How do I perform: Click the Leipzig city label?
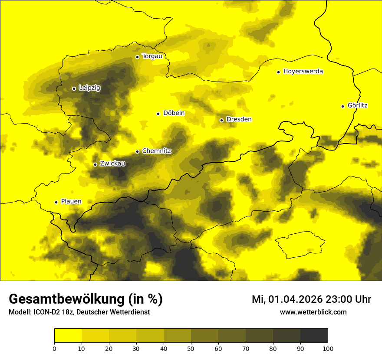[89, 88]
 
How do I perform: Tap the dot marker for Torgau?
[137, 57]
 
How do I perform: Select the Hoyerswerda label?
[303, 72]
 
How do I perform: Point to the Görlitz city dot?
[342, 106]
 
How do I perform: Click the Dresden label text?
[239, 119]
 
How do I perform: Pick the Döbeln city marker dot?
[158, 114]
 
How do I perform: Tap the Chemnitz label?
[157, 151]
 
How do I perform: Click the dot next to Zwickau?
[95, 164]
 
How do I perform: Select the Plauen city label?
[71, 202]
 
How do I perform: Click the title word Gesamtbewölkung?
[66, 299]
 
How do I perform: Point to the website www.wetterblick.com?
[313, 312]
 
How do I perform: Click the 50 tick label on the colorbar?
[191, 348]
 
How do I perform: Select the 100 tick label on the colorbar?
[328, 348]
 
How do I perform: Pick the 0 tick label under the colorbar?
[54, 348]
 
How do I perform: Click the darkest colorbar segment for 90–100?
[314, 336]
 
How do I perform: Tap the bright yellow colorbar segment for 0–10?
[68, 336]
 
